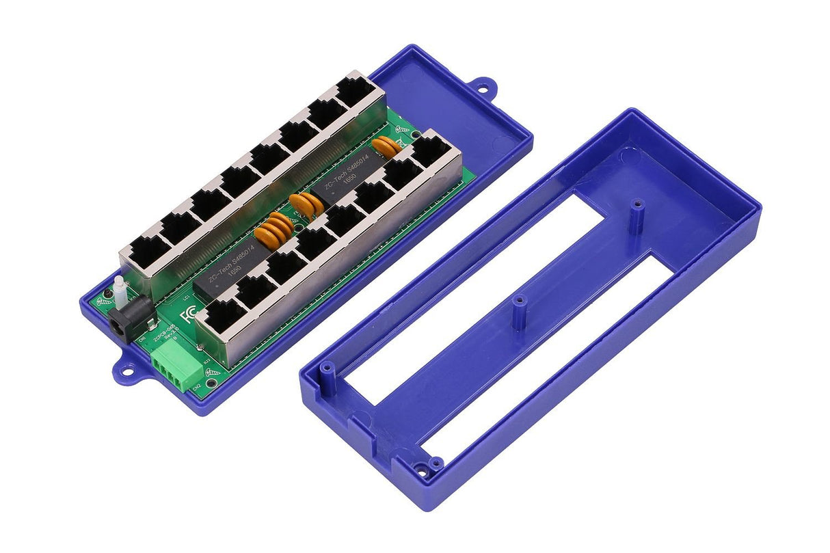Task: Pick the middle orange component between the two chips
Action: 304,204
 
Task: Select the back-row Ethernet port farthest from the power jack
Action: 354,90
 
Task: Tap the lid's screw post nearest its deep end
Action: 637,205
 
